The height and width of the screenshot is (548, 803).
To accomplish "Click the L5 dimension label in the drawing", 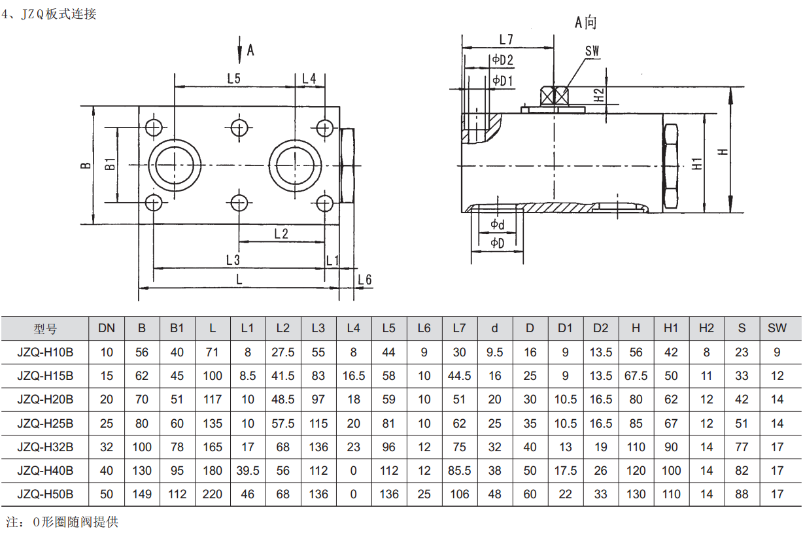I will click(233, 78).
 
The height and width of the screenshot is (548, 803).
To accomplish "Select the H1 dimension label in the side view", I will click(698, 163).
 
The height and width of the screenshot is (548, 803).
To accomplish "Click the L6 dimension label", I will click(365, 280).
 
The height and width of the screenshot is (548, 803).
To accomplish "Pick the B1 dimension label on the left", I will click(111, 163).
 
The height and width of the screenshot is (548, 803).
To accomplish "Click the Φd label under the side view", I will click(498, 225).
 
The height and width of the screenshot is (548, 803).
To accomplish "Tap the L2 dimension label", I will click(281, 233).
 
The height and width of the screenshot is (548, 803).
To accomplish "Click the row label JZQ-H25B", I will click(45, 423).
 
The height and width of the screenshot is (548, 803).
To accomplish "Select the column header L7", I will click(459, 328).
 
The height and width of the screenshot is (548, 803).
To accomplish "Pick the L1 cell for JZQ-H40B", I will click(247, 471).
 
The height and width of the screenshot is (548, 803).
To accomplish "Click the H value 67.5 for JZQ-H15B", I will click(636, 376).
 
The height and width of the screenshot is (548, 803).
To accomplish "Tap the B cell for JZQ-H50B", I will click(142, 494).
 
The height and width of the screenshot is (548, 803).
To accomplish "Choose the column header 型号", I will click(45, 328).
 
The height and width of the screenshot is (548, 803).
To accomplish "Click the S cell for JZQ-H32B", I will click(742, 447).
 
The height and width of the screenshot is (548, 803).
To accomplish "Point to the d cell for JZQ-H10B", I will click(495, 352).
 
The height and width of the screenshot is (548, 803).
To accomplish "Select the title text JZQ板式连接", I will click(59, 14).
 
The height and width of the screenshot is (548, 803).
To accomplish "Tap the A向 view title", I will click(585, 22).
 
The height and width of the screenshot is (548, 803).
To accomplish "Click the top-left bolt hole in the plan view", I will click(154, 126).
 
